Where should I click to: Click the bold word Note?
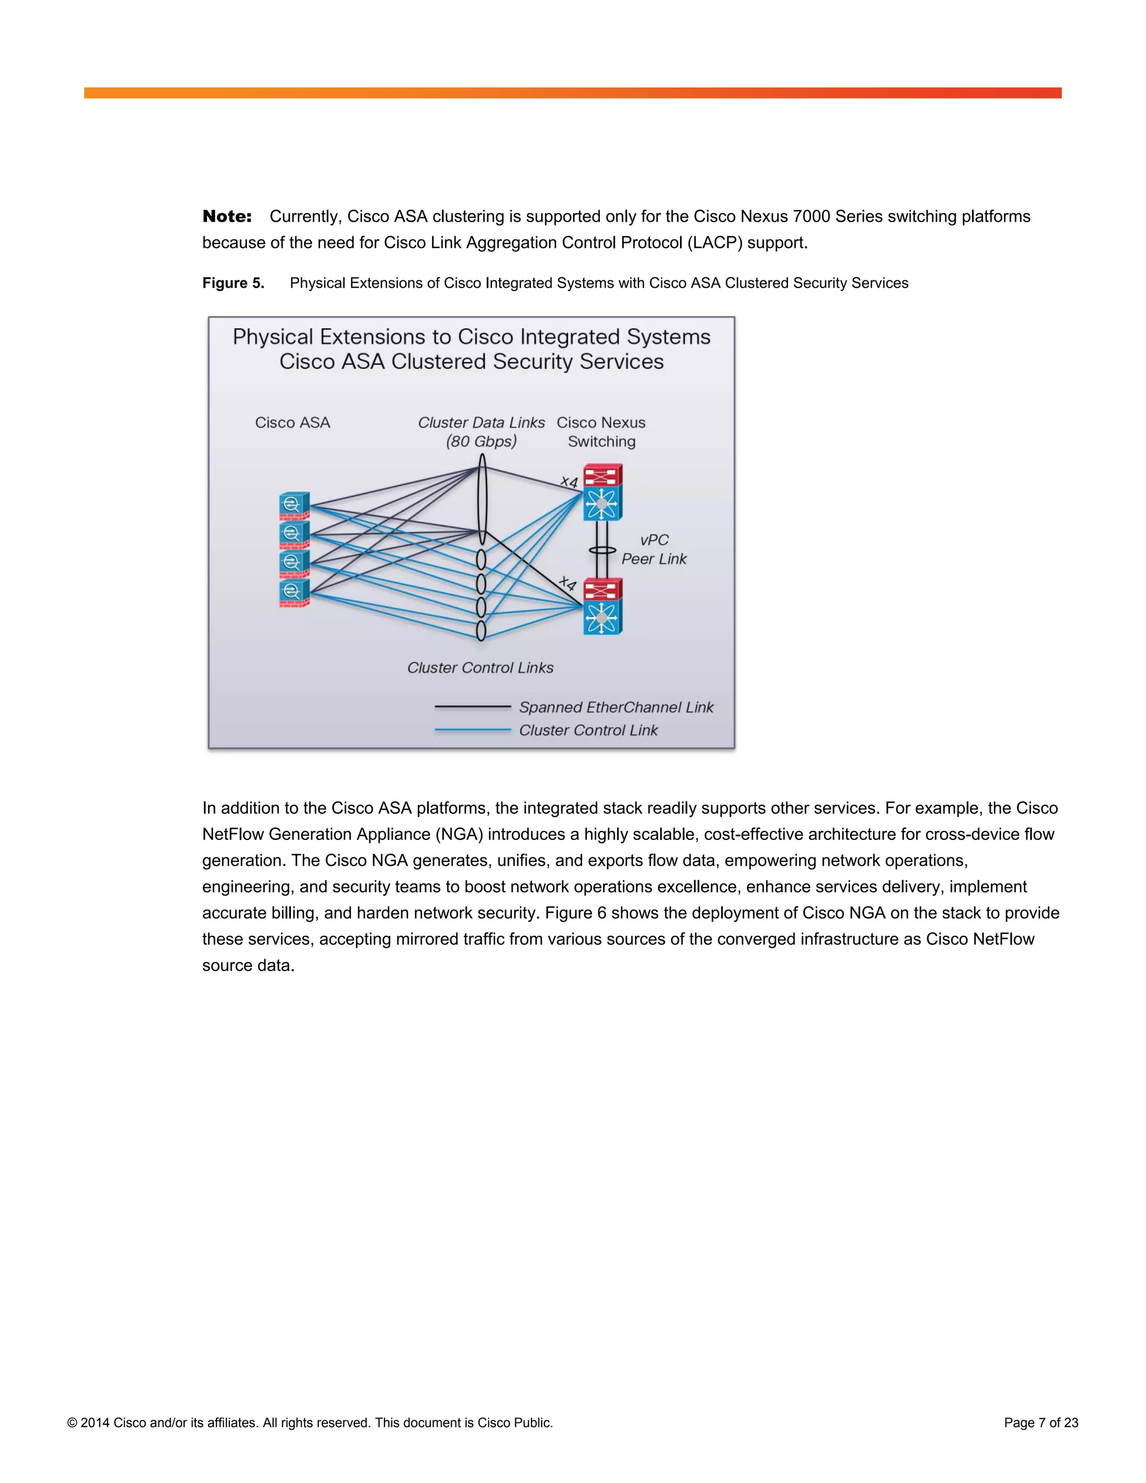click(x=227, y=217)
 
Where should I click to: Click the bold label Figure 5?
click(x=233, y=283)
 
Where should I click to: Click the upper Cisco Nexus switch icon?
click(x=602, y=492)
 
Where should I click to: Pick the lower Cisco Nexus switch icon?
click(x=602, y=607)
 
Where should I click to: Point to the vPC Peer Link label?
click(x=654, y=550)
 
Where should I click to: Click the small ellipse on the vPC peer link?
click(x=602, y=551)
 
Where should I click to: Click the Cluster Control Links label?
click(x=480, y=668)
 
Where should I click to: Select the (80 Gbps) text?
click(x=481, y=442)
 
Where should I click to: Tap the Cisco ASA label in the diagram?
click(x=293, y=423)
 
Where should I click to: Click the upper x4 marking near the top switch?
click(x=569, y=481)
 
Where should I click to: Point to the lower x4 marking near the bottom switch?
click(x=567, y=583)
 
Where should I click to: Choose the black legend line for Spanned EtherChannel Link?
click(x=472, y=707)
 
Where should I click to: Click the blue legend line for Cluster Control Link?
click(x=472, y=730)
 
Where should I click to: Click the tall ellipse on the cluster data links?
click(x=482, y=499)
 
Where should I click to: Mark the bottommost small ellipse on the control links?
click(x=481, y=631)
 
